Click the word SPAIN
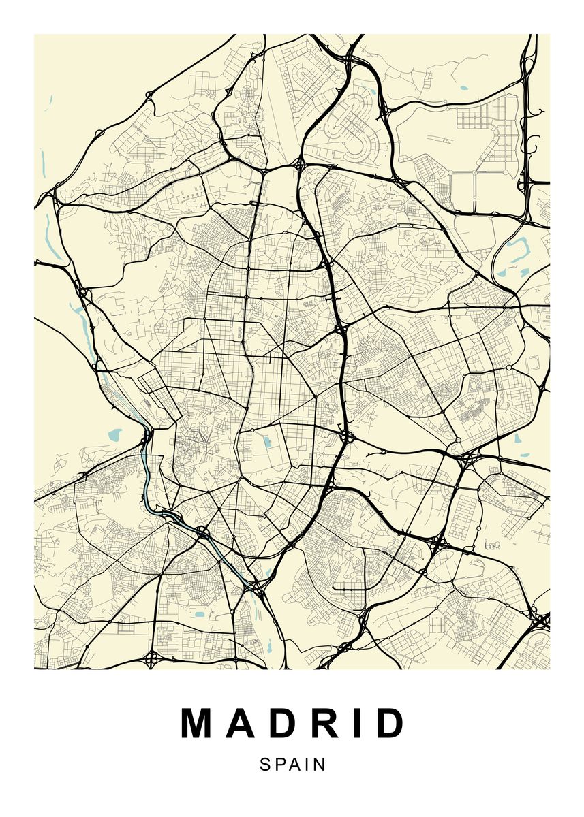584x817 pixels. pyautogui.click(x=293, y=765)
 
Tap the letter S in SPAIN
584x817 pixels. pyautogui.click(x=264, y=765)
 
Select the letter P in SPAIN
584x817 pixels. pyautogui.click(x=280, y=765)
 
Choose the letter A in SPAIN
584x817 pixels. pyautogui.click(x=295, y=765)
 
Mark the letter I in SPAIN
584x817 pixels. pyautogui.click(x=308, y=765)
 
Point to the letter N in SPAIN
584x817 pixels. pyautogui.click(x=320, y=765)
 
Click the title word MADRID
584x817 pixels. pyautogui.click(x=293, y=724)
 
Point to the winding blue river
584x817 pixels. pyautogui.click(x=147, y=470)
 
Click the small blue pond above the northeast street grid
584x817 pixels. pyautogui.click(x=464, y=88)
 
